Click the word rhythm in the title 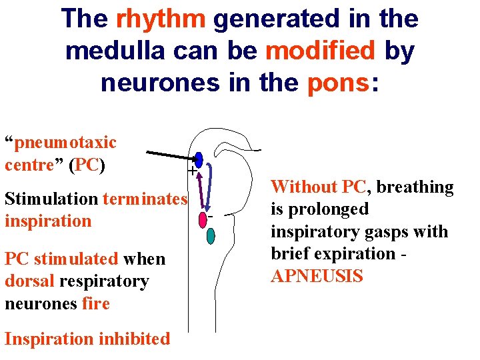coord(160,19)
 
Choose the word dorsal coord(29,281)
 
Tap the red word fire coord(96,304)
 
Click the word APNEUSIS coord(317,276)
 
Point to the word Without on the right coord(303,187)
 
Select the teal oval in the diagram coord(211,235)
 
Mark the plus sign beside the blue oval coord(192,172)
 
